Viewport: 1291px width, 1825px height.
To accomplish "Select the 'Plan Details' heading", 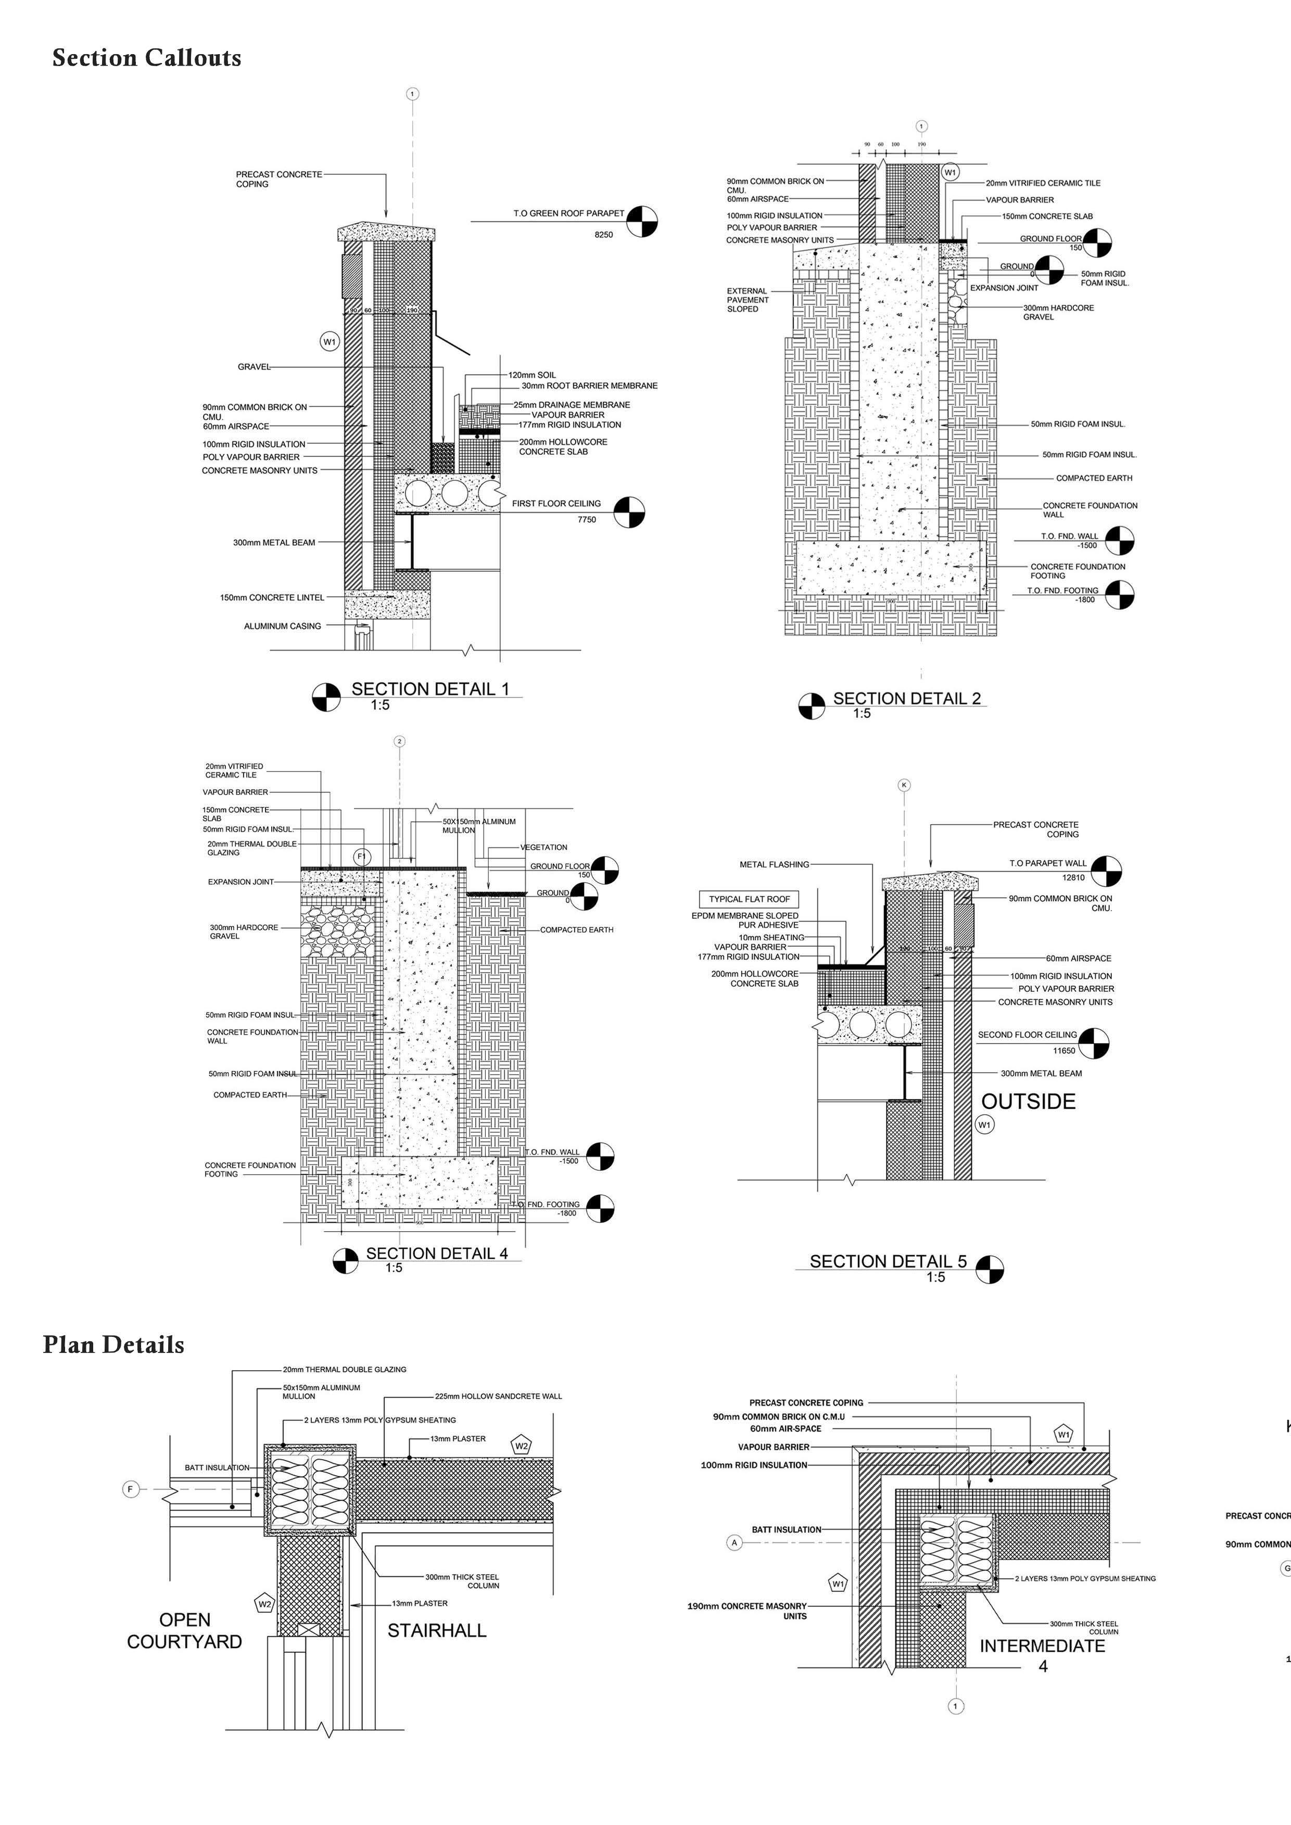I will [113, 1345].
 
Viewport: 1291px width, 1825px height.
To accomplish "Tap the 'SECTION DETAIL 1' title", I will [430, 689].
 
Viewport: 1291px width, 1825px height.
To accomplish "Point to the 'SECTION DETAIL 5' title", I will [888, 1261].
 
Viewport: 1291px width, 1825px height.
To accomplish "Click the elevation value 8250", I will [603, 235].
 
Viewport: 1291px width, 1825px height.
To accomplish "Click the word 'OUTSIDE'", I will [1028, 1102].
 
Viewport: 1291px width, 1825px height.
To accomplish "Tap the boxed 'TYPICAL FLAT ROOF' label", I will [749, 899].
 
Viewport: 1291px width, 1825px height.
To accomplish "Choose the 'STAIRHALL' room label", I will [436, 1631].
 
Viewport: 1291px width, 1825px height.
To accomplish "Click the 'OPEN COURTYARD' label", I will [184, 1631].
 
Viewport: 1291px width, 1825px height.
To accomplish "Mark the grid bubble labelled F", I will [131, 1489].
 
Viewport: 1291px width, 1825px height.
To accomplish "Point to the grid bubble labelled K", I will [904, 785].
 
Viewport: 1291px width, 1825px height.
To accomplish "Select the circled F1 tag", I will [362, 856].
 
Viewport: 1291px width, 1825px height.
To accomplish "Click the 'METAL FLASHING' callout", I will [774, 865].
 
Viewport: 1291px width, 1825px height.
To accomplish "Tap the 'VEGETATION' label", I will [544, 847].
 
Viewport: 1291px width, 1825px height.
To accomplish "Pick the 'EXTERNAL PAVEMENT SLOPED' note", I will [747, 300].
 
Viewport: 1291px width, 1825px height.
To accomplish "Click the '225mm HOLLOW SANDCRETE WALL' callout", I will [498, 1396].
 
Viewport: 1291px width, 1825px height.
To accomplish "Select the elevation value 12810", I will [1073, 877].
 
